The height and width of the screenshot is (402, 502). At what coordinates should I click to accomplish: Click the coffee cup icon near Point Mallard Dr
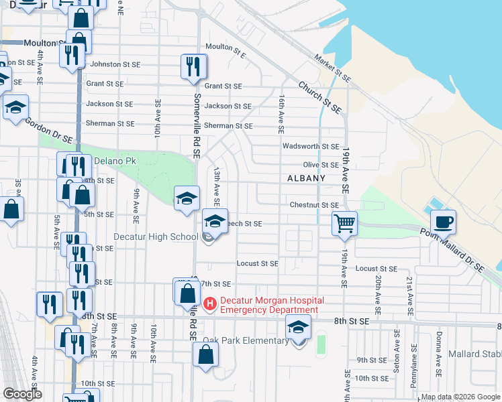tap(443, 221)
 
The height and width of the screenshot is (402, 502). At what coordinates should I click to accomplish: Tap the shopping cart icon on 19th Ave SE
tap(345, 222)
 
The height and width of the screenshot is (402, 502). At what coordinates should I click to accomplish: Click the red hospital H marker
tap(209, 305)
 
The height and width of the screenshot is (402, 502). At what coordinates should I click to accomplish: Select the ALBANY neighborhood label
tap(306, 178)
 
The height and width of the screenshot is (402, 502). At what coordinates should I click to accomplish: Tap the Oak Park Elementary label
tap(246, 341)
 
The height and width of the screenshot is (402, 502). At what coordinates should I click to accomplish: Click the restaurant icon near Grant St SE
tap(193, 67)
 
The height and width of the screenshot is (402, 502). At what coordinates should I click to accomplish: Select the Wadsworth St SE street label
tap(311, 146)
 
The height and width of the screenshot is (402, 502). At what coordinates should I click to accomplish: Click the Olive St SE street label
tap(321, 165)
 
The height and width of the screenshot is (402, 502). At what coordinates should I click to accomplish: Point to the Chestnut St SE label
tap(314, 205)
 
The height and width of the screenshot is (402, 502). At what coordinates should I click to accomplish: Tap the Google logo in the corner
tap(22, 394)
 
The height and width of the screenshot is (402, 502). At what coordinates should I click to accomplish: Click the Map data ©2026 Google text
tap(460, 397)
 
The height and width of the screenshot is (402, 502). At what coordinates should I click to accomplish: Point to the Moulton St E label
tap(225, 47)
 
